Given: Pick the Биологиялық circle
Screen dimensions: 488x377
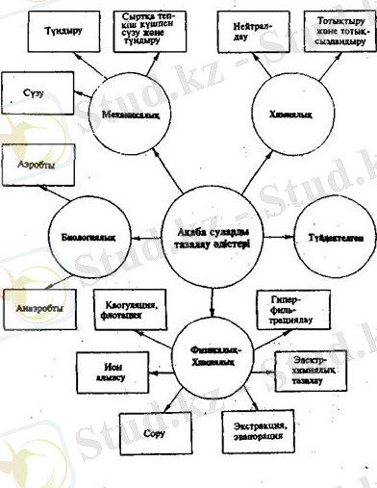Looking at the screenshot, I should click(87, 234).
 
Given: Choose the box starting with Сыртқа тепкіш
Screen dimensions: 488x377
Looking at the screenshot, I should click(154, 31).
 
